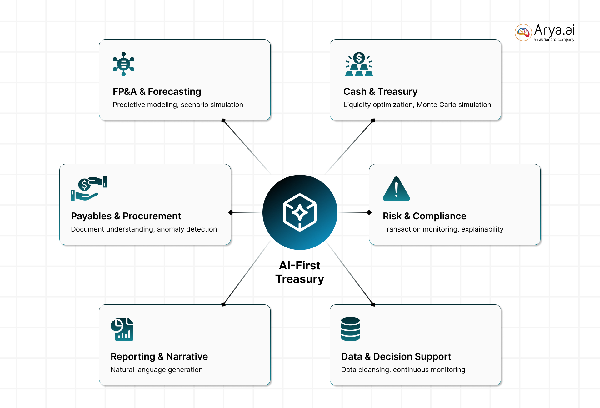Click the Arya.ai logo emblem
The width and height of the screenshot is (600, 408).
[x=523, y=32]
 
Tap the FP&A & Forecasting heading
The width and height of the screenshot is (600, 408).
[x=157, y=91]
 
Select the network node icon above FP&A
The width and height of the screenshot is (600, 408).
[x=123, y=64]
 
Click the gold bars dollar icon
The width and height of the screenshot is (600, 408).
[x=359, y=64]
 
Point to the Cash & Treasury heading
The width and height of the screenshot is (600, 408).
[x=380, y=91]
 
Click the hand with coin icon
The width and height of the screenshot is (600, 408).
[x=89, y=189]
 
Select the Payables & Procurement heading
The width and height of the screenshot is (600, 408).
[x=126, y=216]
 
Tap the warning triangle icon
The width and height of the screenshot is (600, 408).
[x=396, y=189]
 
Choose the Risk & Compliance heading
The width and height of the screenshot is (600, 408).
[x=424, y=216]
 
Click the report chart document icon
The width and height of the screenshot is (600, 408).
[x=122, y=329]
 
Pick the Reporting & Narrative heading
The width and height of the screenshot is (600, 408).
[x=159, y=356]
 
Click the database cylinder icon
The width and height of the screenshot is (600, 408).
[x=350, y=329]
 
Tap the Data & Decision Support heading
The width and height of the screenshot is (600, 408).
[x=396, y=356]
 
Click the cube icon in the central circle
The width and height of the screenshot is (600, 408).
[x=300, y=212]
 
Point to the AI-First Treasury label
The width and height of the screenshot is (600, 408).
[x=300, y=272]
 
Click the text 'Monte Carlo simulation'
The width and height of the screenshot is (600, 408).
[x=454, y=105]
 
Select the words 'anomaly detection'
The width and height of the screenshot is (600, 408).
[x=187, y=229]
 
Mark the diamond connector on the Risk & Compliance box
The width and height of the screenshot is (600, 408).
[x=369, y=212]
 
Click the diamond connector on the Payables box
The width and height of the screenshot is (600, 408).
[x=231, y=212]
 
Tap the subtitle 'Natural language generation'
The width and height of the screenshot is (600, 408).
[x=157, y=370]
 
